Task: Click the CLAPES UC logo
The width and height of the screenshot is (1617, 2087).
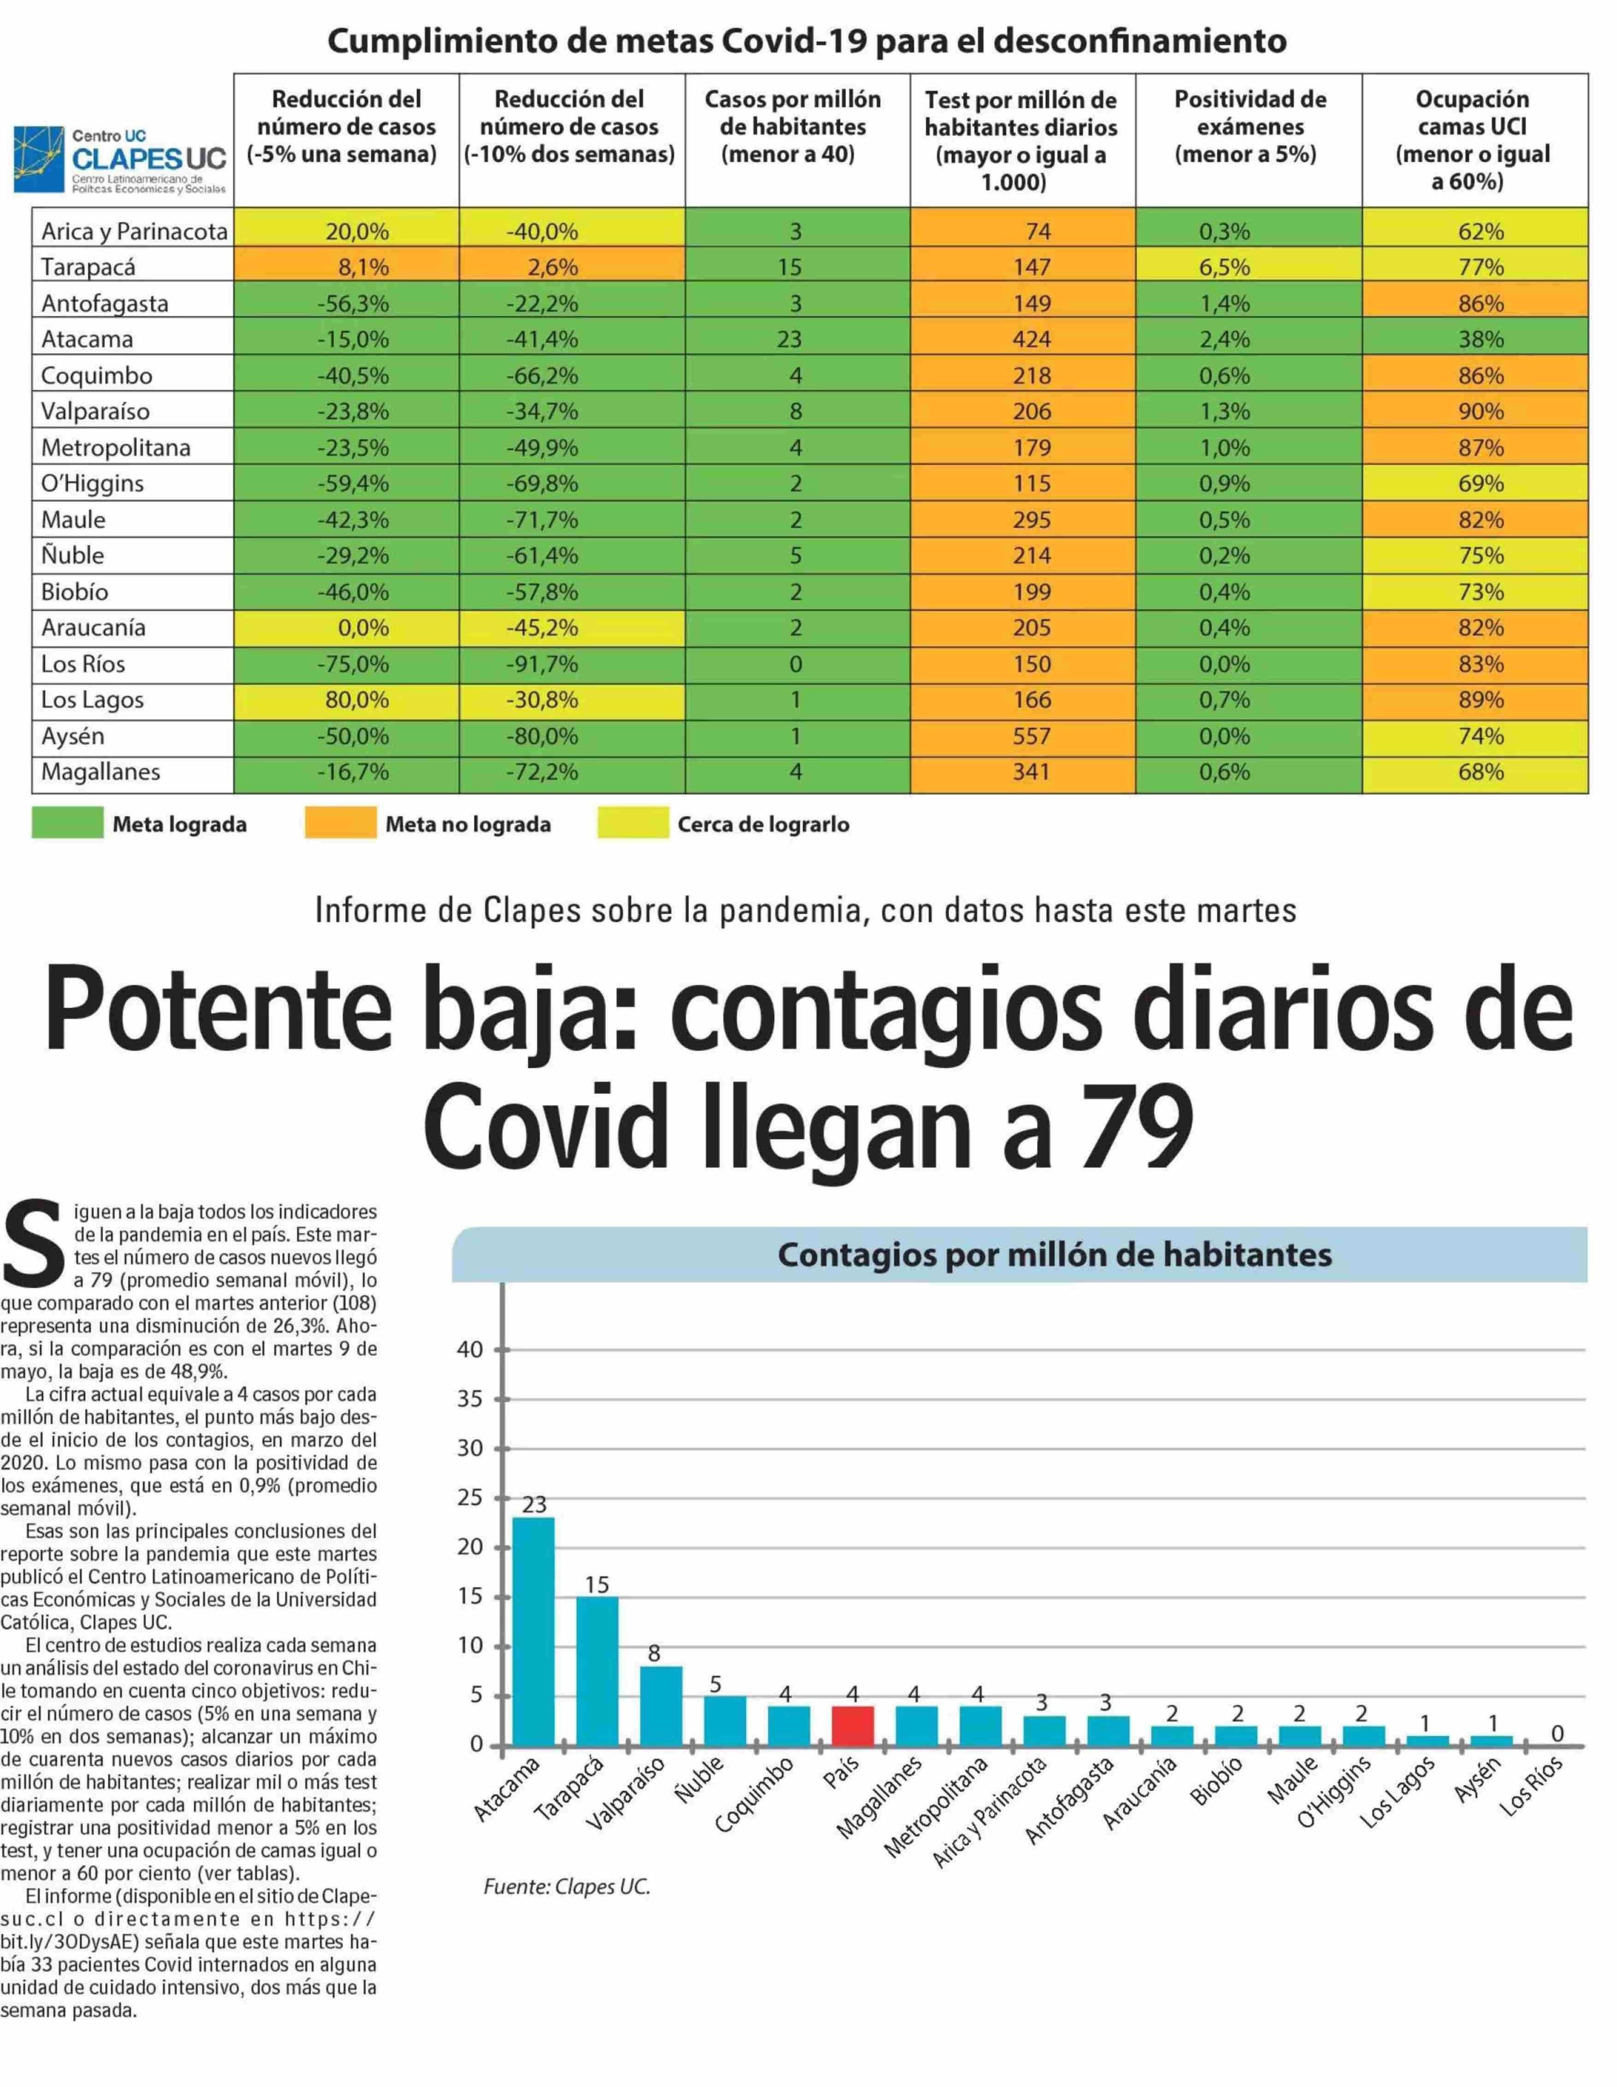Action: click(x=121, y=159)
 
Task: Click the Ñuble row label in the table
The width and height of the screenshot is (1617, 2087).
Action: click(x=73, y=555)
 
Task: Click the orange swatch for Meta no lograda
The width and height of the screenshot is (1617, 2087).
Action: click(x=340, y=824)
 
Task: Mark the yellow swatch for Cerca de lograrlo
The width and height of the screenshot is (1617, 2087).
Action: click(x=633, y=824)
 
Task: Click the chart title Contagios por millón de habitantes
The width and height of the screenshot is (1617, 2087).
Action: click(x=1054, y=1255)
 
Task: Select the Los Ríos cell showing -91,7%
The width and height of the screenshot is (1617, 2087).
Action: click(x=542, y=664)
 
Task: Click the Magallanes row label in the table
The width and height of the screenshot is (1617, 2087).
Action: click(x=100, y=772)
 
